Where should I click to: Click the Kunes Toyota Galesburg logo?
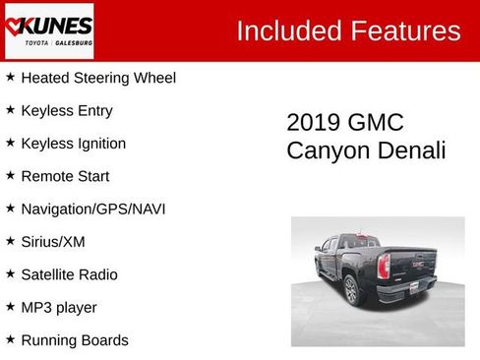[48, 30]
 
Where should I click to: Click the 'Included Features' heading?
[348, 30]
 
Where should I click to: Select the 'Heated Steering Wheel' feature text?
[98, 77]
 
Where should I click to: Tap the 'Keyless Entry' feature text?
[67, 110]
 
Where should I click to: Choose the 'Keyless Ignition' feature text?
[74, 143]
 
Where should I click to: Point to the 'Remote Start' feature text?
[65, 176]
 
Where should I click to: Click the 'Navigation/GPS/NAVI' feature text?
[93, 209]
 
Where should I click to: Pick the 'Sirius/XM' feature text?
[54, 241]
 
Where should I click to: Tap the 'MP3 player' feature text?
[59, 307]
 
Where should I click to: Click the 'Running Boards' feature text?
[75, 340]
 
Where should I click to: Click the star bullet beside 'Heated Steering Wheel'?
[10, 77]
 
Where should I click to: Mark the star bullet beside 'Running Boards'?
[10, 339]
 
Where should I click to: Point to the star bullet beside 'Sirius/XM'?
[10, 241]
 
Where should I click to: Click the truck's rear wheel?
[351, 289]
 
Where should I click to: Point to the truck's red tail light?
[384, 265]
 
